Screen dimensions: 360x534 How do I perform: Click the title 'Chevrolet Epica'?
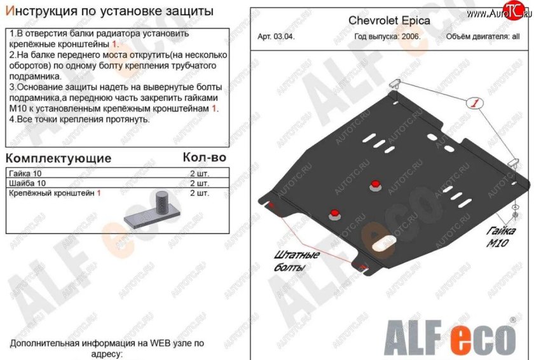coord(389,20)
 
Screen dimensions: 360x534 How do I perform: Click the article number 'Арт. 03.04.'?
coord(276,37)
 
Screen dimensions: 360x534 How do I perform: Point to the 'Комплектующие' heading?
coord(58,158)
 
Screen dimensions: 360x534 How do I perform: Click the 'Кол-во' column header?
coord(204,156)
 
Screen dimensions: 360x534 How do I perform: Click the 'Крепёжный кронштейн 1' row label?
coord(53,193)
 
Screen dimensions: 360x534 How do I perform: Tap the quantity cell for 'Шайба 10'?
coord(199,183)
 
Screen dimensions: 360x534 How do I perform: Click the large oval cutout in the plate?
coord(383,243)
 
